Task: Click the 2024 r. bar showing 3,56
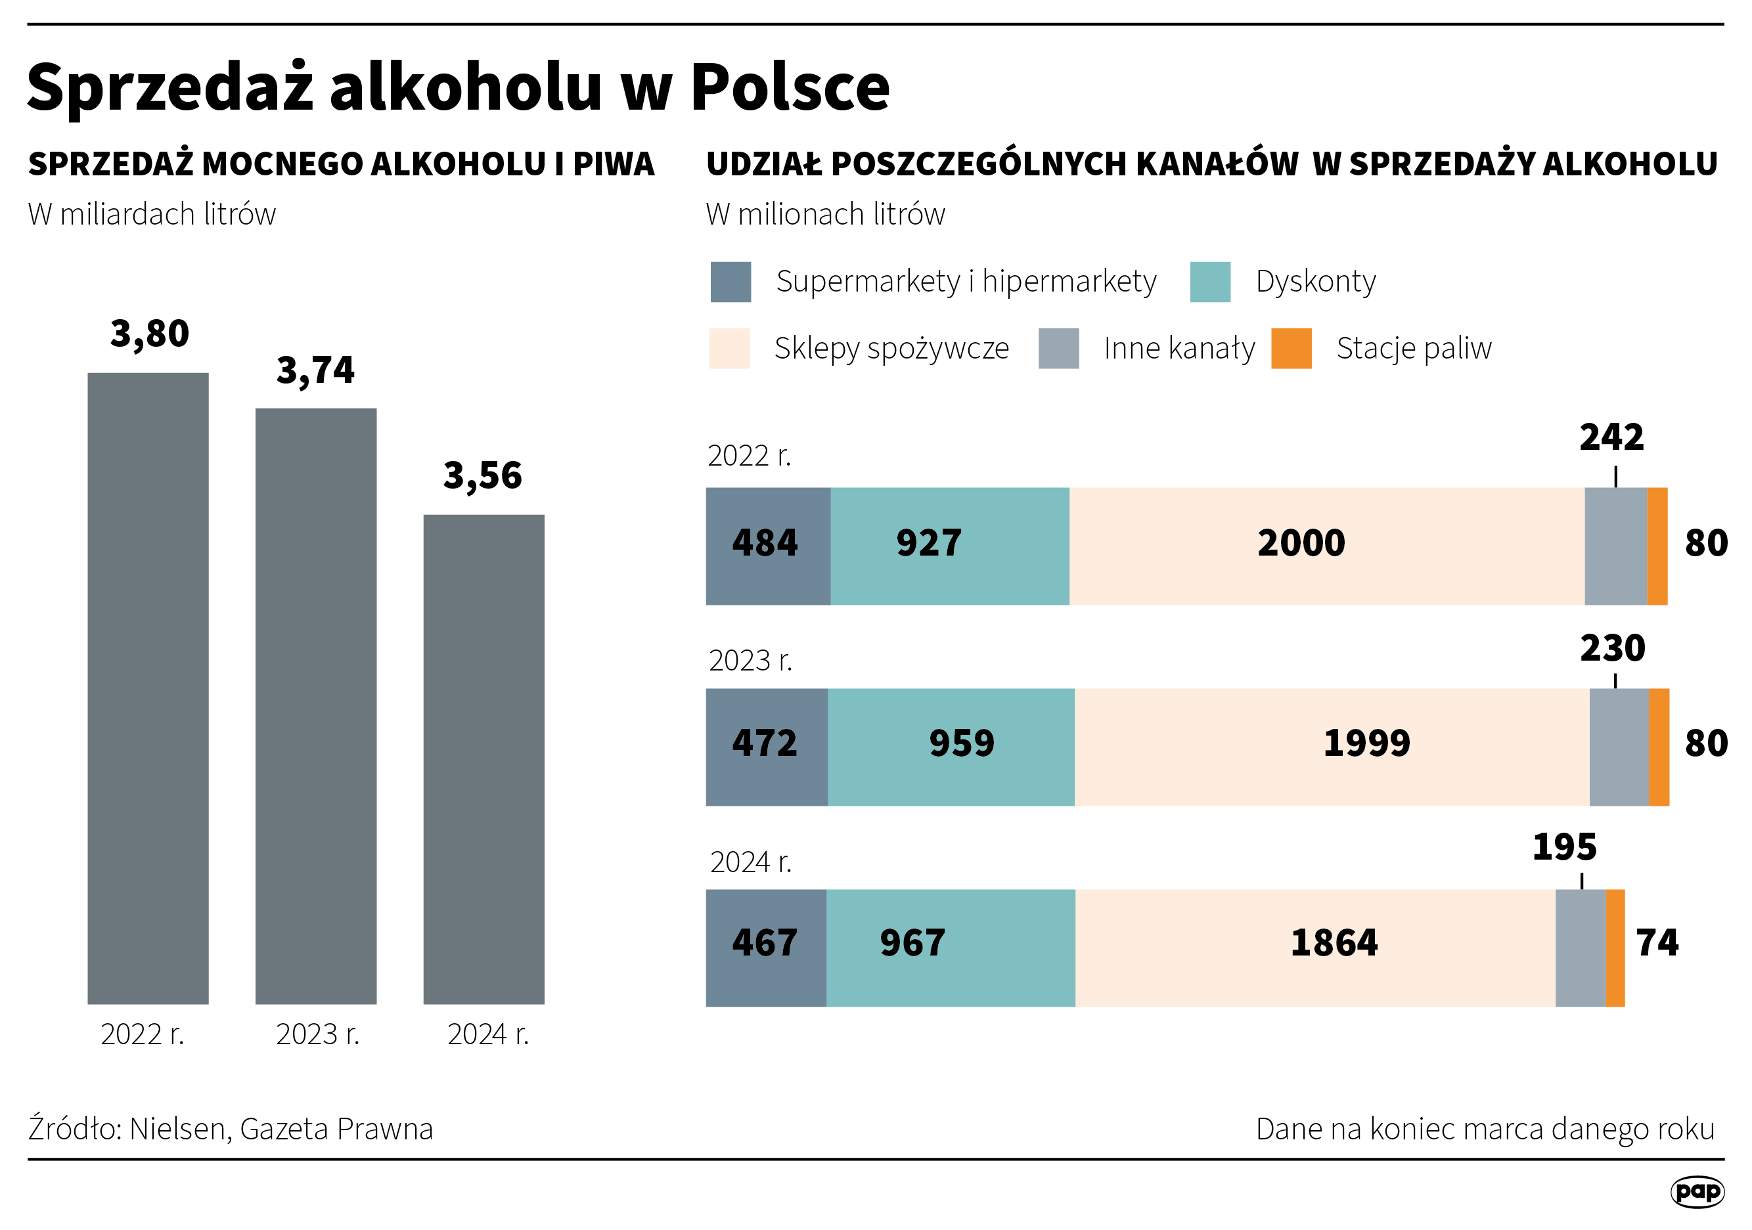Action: coord(483,758)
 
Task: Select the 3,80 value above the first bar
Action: coord(150,334)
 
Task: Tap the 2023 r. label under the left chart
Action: coord(317,1034)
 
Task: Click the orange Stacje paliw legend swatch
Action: coord(1291,349)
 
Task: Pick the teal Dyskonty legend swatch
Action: coord(1210,282)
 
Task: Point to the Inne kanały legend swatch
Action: coord(1058,349)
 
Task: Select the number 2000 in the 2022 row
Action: coord(1301,543)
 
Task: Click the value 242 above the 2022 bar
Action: coord(1611,437)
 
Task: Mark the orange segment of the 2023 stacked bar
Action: coord(1659,747)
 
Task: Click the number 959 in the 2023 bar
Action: coord(962,743)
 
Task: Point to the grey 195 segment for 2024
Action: coord(1581,948)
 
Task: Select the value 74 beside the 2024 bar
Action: coord(1657,943)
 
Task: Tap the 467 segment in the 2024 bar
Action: coord(765,943)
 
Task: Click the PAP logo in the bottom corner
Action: coord(1697,1191)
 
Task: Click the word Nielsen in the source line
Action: coord(181,1128)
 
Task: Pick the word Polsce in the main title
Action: coord(790,87)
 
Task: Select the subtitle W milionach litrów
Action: coord(825,214)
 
